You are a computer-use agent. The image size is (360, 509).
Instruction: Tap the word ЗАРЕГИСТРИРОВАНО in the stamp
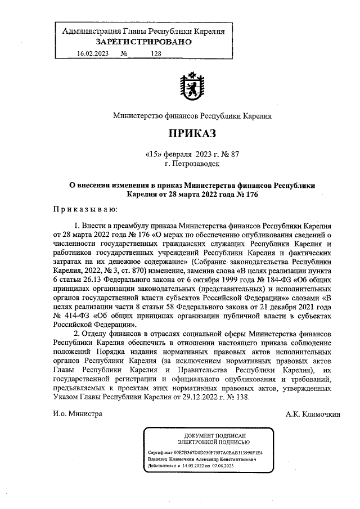[143, 41]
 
